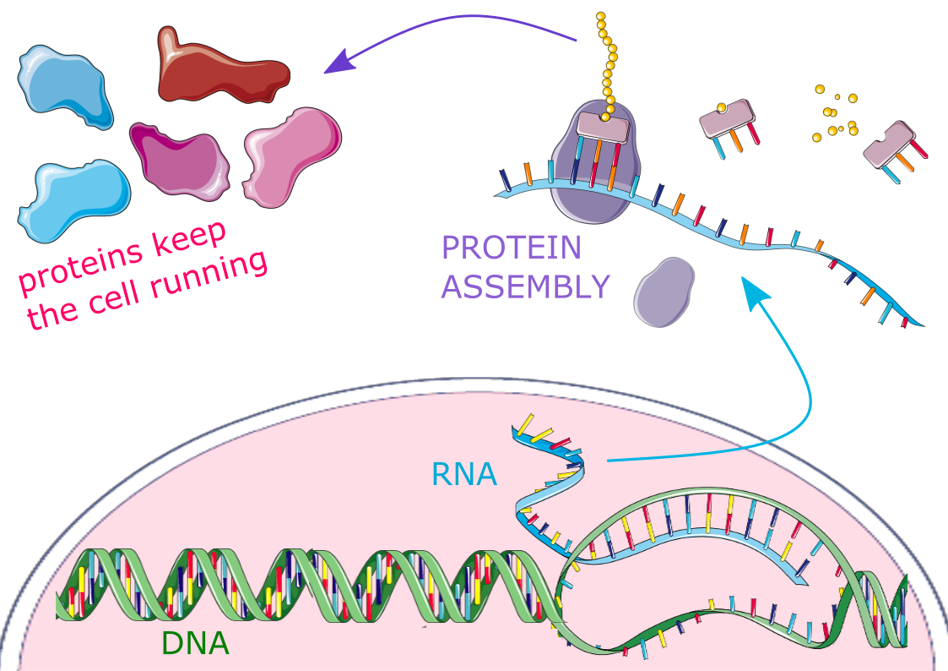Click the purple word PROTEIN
[512, 248]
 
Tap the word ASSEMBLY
[525, 287]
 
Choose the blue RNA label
[463, 474]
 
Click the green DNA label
[195, 644]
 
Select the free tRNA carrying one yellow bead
[727, 123]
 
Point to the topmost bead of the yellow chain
[600, 16]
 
